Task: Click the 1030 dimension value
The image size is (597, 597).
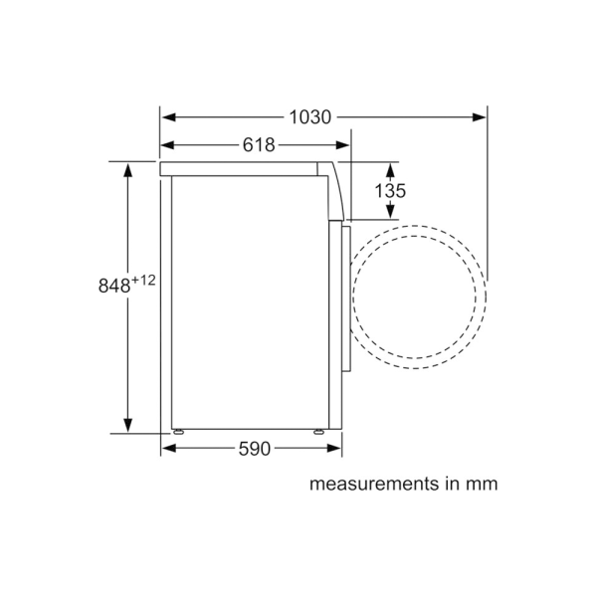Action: (x=310, y=116)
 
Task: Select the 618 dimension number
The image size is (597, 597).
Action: (x=259, y=144)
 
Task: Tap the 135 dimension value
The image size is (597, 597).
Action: (x=390, y=190)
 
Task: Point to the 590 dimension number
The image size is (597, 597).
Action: (x=255, y=449)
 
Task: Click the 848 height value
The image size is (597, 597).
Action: (x=114, y=286)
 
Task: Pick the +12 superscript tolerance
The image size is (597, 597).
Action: (x=143, y=281)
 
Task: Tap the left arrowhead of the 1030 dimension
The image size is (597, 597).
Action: (x=168, y=116)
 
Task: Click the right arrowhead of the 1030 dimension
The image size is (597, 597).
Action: (x=479, y=116)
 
